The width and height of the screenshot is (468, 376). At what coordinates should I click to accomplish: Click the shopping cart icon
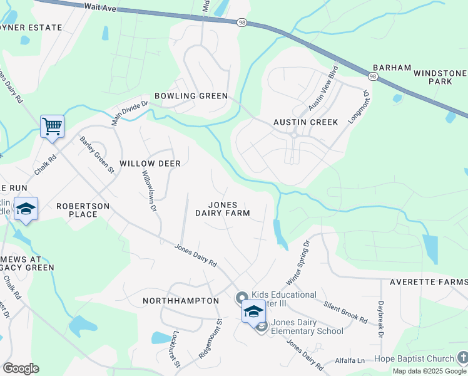click(52, 126)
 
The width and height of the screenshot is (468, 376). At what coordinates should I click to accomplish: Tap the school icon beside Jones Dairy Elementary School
click(253, 311)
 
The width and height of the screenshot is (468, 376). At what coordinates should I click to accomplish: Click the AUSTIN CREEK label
click(305, 122)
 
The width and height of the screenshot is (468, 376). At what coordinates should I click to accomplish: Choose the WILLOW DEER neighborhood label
click(150, 164)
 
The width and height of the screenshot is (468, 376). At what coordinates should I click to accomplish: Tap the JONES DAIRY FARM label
click(222, 209)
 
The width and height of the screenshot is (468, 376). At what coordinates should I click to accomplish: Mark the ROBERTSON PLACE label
click(83, 210)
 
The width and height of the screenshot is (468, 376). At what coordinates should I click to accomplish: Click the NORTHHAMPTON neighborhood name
click(181, 301)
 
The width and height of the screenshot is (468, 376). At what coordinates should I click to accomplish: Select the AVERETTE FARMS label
click(429, 283)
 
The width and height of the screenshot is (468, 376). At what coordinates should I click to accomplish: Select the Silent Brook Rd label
click(345, 311)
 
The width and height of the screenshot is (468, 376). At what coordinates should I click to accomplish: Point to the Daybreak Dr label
click(380, 320)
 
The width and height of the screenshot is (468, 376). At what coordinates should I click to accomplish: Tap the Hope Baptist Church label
click(414, 359)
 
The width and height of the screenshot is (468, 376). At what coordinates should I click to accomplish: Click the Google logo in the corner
click(20, 368)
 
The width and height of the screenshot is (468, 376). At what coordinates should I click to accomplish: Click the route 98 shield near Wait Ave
click(242, 22)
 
